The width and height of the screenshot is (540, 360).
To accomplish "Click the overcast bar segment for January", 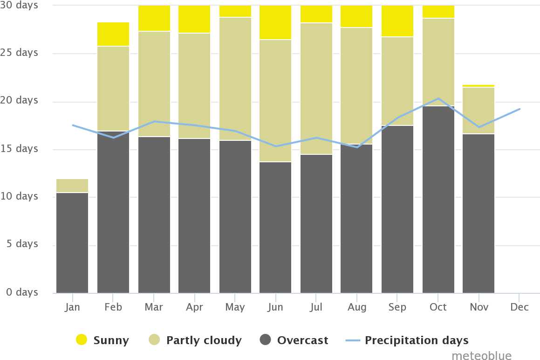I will point(72,242).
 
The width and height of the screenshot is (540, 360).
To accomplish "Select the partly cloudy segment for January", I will point(72,186).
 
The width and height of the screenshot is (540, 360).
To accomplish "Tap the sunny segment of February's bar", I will point(113,34).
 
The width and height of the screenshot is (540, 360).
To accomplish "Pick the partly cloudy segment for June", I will point(275,101).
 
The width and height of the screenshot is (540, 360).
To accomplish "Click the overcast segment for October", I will point(438,200).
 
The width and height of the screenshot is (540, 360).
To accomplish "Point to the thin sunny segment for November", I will point(478,86).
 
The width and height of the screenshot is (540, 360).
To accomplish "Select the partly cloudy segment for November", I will point(478,111).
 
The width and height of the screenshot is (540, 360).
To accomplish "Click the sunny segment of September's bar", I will point(397,21).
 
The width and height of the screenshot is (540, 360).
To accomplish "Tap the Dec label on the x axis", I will point(519,307).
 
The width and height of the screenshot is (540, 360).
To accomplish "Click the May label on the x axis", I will point(234,307).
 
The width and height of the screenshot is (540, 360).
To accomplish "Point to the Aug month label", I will point(356,307).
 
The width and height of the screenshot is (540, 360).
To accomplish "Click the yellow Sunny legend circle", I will point(82,340).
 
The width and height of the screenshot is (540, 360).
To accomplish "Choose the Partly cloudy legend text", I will point(204,340).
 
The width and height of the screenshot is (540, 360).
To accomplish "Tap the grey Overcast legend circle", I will point(265,340).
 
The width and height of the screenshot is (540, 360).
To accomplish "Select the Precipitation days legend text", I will point(417,340).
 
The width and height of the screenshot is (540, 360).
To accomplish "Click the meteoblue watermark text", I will point(481,355).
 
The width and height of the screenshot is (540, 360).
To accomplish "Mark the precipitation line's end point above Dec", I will point(519,109).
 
